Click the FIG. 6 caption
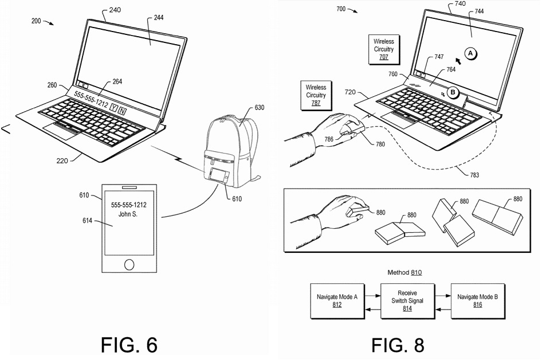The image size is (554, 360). [x=129, y=345]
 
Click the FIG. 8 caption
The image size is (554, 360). [x=398, y=345]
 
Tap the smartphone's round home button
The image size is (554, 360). [x=129, y=264]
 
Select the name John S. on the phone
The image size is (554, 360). [x=128, y=214]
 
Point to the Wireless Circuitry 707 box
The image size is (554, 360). [x=383, y=49]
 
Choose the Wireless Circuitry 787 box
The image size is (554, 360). [x=316, y=95]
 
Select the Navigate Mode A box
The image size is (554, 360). [x=337, y=301]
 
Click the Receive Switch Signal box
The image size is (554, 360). [x=407, y=301]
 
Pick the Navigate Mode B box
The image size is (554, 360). [x=477, y=301]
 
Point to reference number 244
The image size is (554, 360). [x=158, y=18]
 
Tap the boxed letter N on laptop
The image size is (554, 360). [x=123, y=109]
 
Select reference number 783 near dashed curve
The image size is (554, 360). [x=473, y=175]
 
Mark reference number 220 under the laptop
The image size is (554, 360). [x=61, y=161]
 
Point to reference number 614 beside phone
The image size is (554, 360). [x=87, y=221]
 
